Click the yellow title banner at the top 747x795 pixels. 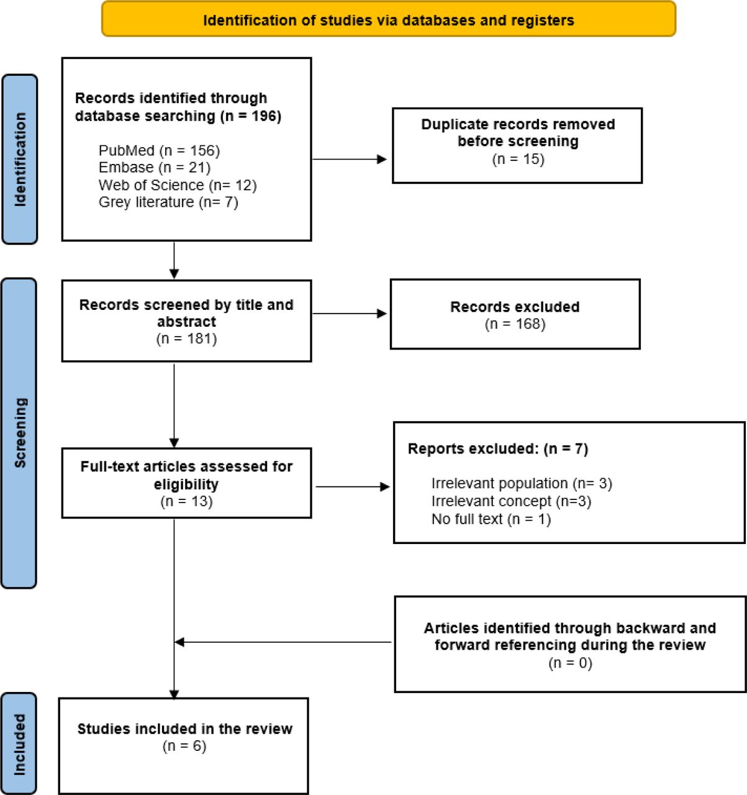388,19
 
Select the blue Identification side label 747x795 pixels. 20,159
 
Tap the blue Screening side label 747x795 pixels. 19,433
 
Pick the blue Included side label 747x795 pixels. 19,744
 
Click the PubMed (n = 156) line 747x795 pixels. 160,150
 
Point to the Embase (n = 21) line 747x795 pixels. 155,167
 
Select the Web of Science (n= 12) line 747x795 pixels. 178,185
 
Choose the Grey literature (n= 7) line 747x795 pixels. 168,202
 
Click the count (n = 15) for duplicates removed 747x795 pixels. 518,159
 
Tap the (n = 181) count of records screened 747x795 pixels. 186,338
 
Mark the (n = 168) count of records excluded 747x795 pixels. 515,324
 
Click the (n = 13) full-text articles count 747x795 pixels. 186,501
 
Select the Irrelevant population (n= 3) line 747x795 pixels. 522,483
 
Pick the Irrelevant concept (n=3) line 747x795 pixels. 511,501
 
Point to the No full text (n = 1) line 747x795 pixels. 491,519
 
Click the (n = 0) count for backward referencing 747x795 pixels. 570,663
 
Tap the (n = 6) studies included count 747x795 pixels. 184,746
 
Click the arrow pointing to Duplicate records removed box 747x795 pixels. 349,160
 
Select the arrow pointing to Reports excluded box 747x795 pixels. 353,487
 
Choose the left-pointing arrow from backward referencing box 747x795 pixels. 283,642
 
